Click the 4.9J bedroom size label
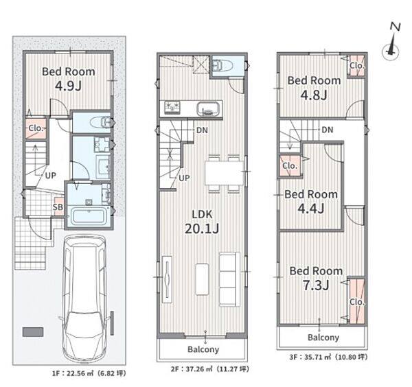pos(68,86)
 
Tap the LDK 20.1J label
pos(202,222)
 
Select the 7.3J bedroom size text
pos(316,285)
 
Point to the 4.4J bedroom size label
pos(311,209)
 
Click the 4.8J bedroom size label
pos(314,95)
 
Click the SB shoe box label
pos(58,207)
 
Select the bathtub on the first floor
pos(89,216)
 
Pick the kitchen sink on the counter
pos(208,109)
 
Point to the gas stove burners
pos(172,108)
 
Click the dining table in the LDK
pos(225,174)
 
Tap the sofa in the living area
pos(229,279)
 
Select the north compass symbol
pos(392,43)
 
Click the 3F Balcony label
pos(323,338)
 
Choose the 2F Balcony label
pos(203,349)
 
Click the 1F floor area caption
pos(89,373)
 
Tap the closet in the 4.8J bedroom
pos(356,66)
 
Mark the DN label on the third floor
pos(328,130)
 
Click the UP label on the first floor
pos(51,176)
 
